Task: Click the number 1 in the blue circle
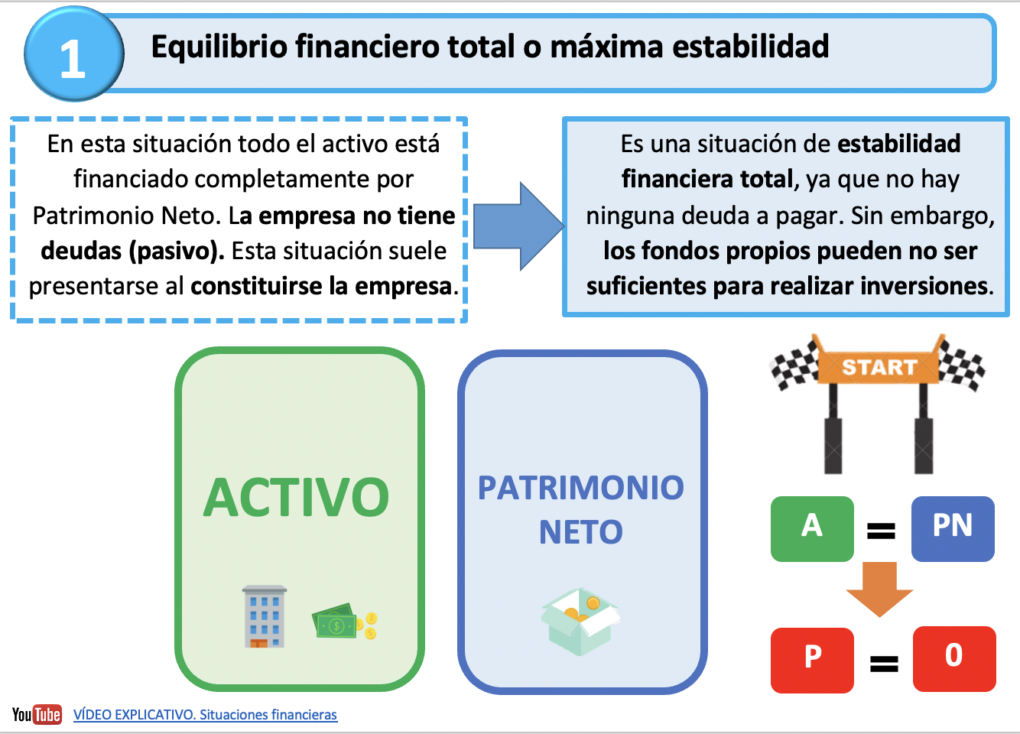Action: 73,58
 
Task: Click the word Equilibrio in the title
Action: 219,47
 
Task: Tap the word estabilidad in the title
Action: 750,47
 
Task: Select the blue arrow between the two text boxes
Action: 519,226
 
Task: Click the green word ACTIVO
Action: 296,497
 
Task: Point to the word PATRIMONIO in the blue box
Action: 581,488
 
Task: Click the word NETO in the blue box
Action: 581,532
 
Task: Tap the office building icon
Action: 265,616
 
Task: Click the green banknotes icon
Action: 344,621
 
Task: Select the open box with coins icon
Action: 580,621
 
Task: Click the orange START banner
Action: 879,367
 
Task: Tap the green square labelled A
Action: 812,528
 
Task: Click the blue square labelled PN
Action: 953,528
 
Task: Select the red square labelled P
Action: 812,660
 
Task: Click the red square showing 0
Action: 954,659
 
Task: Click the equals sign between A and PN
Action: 881,531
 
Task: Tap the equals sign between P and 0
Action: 884,664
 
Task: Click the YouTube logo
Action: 37,714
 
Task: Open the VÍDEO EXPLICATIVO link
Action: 206,715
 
